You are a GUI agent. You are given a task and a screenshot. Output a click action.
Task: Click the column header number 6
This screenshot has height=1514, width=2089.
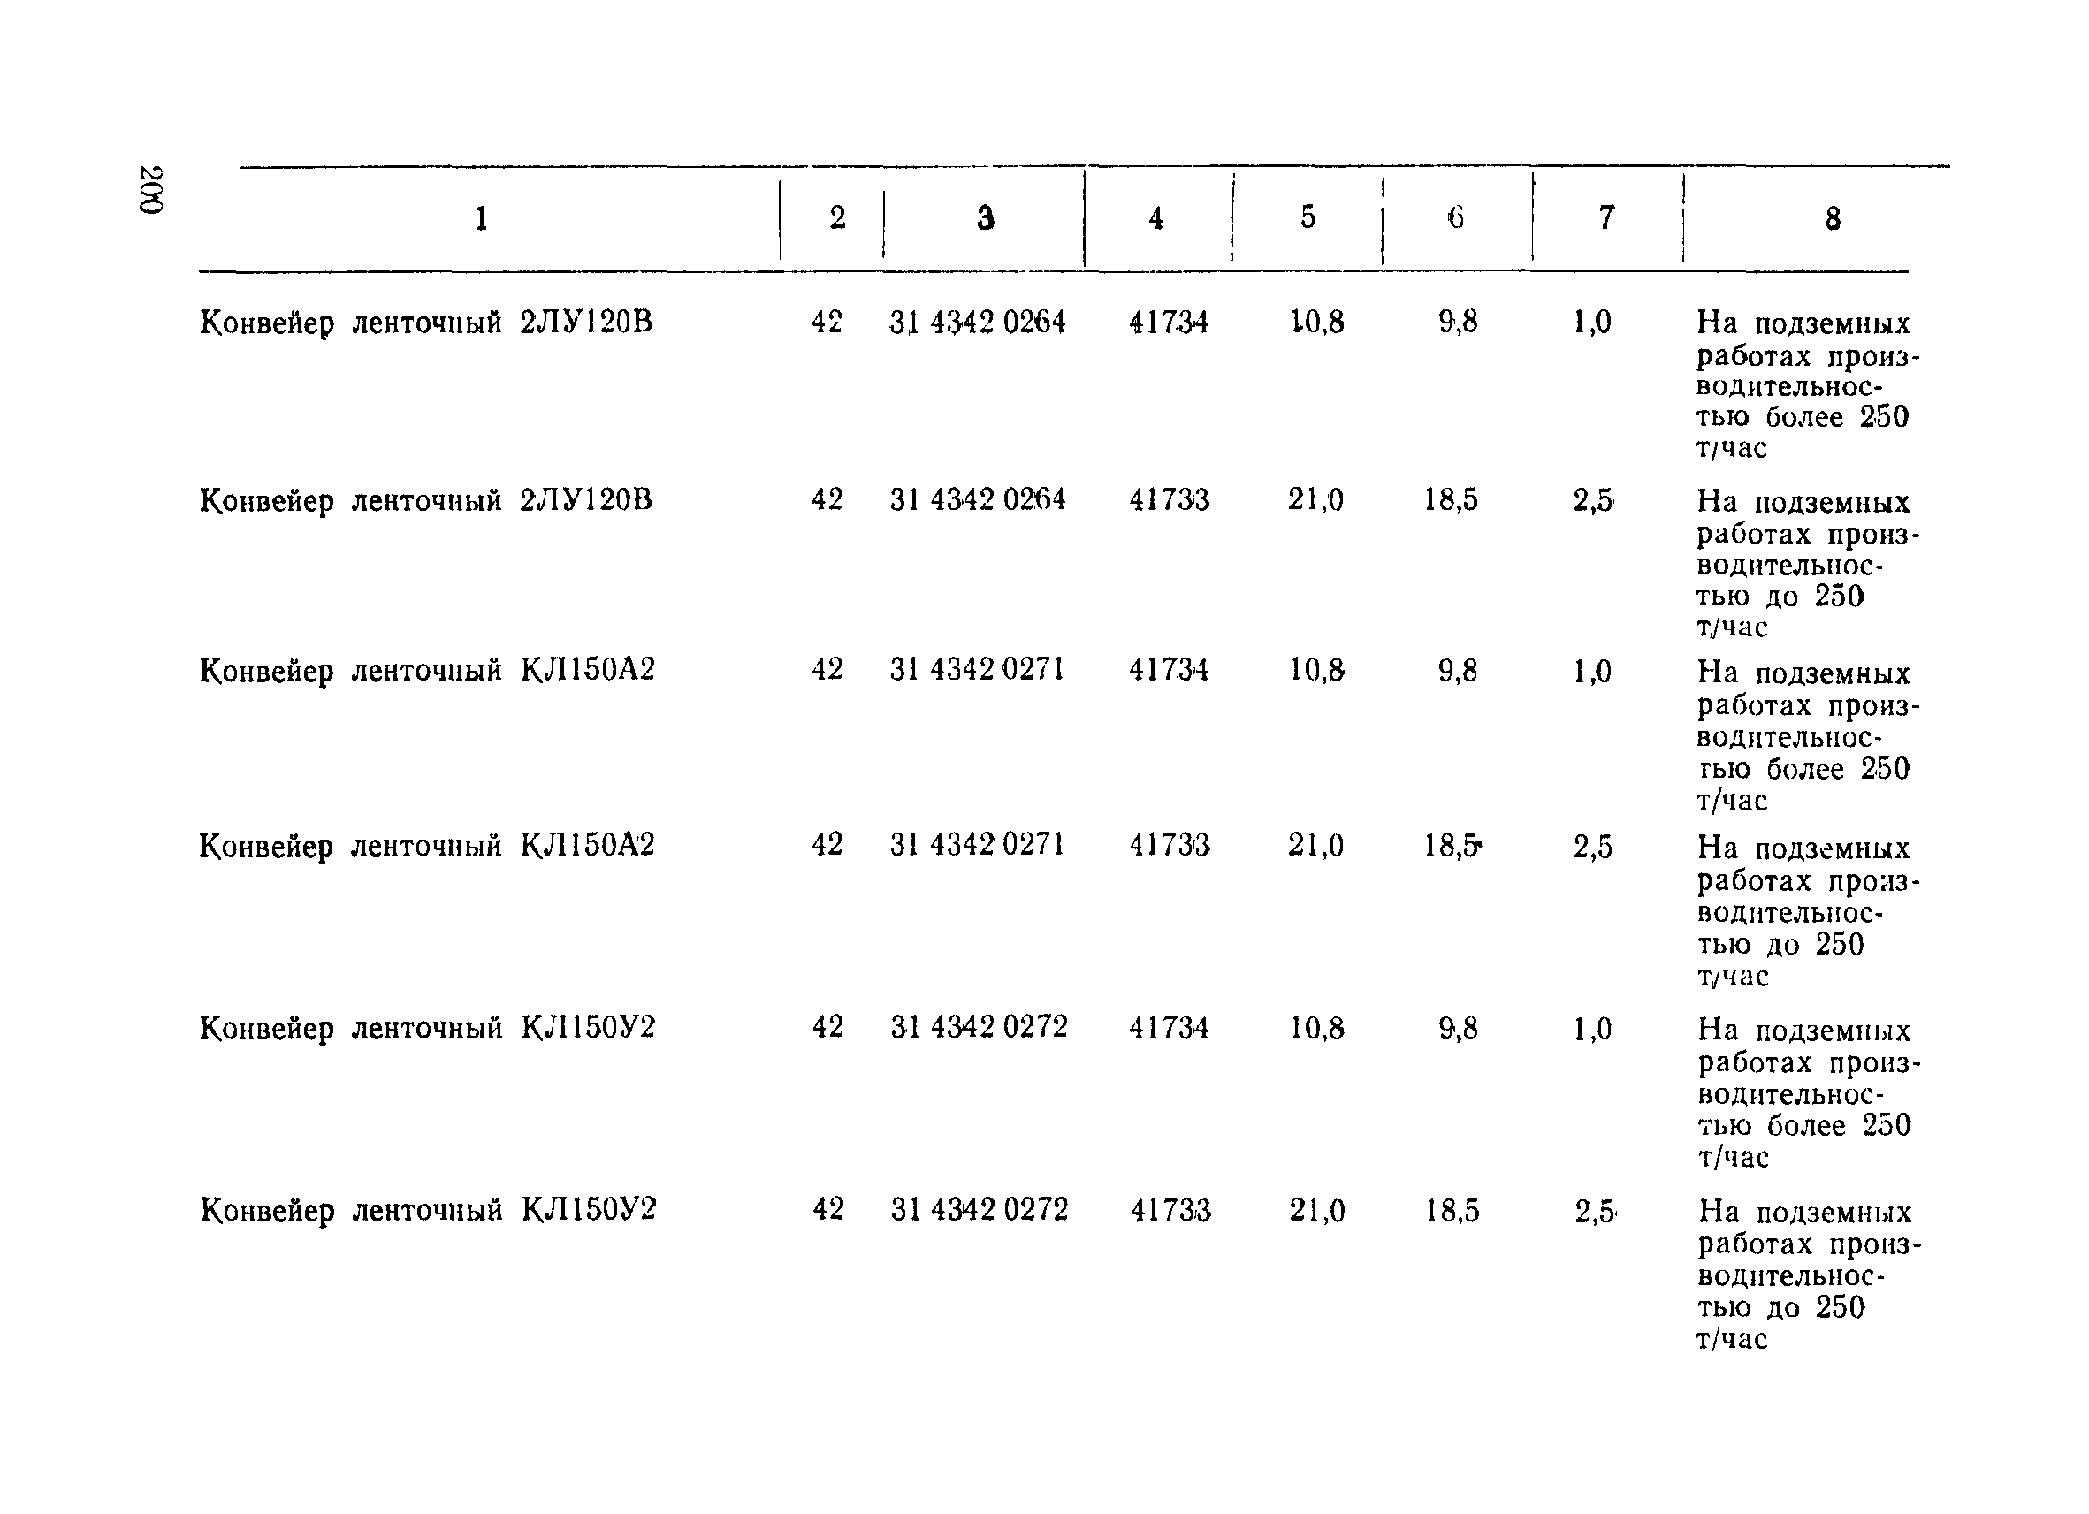1455,217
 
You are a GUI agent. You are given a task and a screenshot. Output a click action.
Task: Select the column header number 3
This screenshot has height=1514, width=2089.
986,218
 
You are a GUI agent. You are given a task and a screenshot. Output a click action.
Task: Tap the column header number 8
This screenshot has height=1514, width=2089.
1833,219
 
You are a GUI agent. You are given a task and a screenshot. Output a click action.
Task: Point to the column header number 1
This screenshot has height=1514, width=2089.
481,219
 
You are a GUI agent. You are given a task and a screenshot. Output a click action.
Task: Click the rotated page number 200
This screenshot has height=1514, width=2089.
151,190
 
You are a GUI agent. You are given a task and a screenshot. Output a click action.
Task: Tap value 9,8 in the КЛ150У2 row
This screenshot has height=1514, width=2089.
1458,1028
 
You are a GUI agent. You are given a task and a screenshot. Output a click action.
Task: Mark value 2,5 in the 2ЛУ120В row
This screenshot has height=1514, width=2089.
1593,500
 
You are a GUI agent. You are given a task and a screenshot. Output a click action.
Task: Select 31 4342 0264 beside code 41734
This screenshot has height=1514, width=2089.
977,323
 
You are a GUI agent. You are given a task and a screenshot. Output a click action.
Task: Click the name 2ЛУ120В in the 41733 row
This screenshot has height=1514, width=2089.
586,500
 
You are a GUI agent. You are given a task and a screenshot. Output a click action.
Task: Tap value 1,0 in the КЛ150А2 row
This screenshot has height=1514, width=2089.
1592,672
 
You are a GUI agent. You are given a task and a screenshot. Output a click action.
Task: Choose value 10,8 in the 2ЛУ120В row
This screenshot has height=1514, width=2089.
1317,323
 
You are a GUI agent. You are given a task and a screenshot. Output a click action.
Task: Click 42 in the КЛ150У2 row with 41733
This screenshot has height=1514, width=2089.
827,1209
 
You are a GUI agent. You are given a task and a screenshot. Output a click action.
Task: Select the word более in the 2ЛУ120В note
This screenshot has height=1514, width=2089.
1804,417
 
